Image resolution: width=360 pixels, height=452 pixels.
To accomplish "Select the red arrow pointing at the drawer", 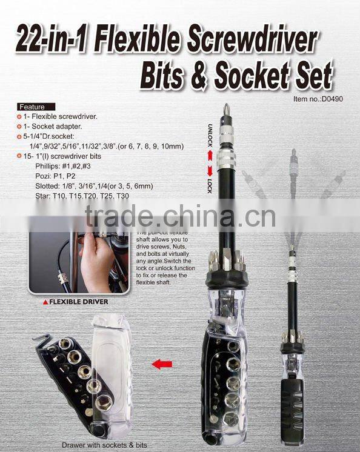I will pyautogui.click(x=162, y=365).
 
